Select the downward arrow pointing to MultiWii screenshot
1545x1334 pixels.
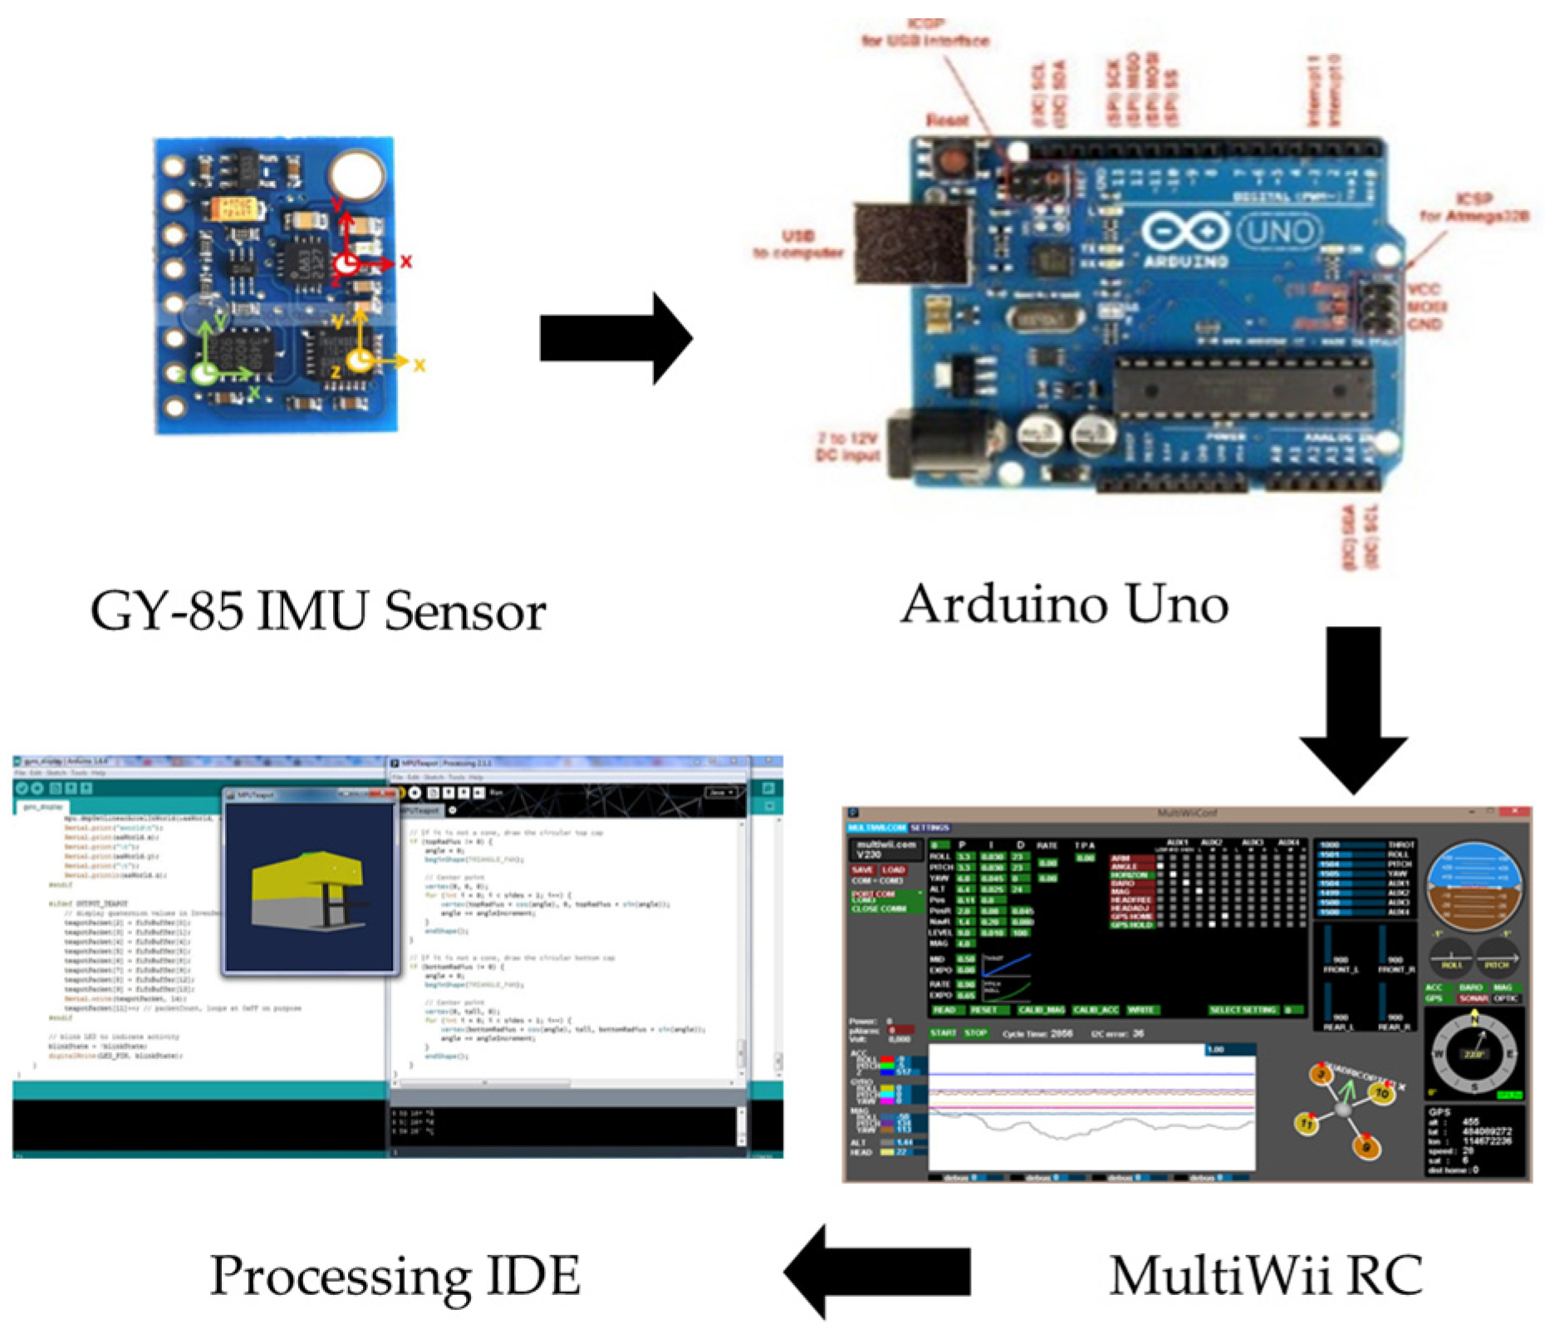click(1352, 706)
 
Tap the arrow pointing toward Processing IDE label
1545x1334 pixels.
click(876, 1271)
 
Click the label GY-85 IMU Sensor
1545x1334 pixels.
click(317, 611)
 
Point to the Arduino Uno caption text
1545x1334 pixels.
click(1064, 604)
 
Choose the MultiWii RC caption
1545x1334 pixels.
click(1266, 1275)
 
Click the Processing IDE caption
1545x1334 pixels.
click(395, 1275)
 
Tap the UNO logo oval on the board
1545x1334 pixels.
click(1278, 232)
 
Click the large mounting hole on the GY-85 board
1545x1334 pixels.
click(357, 174)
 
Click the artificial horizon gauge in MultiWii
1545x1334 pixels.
click(1474, 886)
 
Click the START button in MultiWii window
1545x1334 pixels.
click(943, 1033)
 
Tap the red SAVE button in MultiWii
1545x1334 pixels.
click(862, 870)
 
